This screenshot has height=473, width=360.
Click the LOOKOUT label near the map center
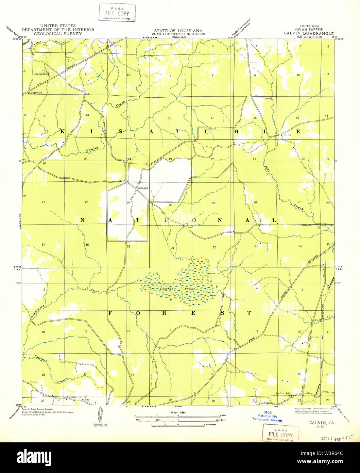143,188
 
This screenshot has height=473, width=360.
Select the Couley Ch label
36,93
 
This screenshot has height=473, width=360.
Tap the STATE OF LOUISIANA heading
178,31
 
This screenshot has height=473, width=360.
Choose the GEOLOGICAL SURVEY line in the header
58,34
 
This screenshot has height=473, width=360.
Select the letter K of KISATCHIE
63,131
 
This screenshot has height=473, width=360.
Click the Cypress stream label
41,358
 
